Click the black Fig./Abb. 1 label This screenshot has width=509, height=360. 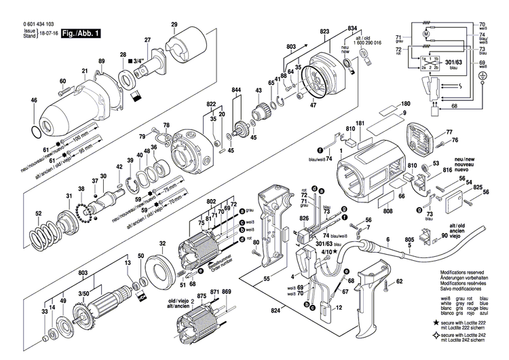pos(77,33)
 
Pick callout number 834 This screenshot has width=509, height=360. pos(352,27)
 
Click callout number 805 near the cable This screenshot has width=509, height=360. pos(409,240)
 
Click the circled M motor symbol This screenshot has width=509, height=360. pos(426,33)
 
